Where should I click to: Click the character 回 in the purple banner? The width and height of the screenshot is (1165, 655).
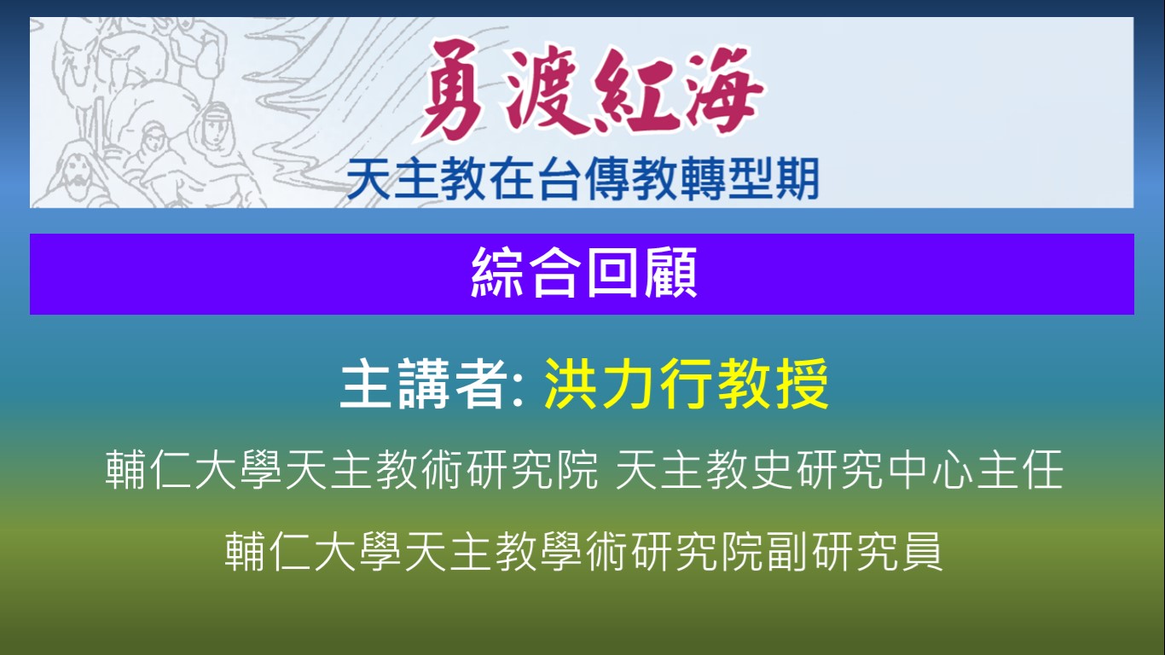(x=612, y=273)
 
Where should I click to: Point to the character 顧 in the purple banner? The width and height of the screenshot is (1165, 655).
(x=670, y=273)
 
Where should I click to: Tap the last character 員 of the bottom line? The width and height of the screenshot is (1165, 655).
(x=923, y=552)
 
